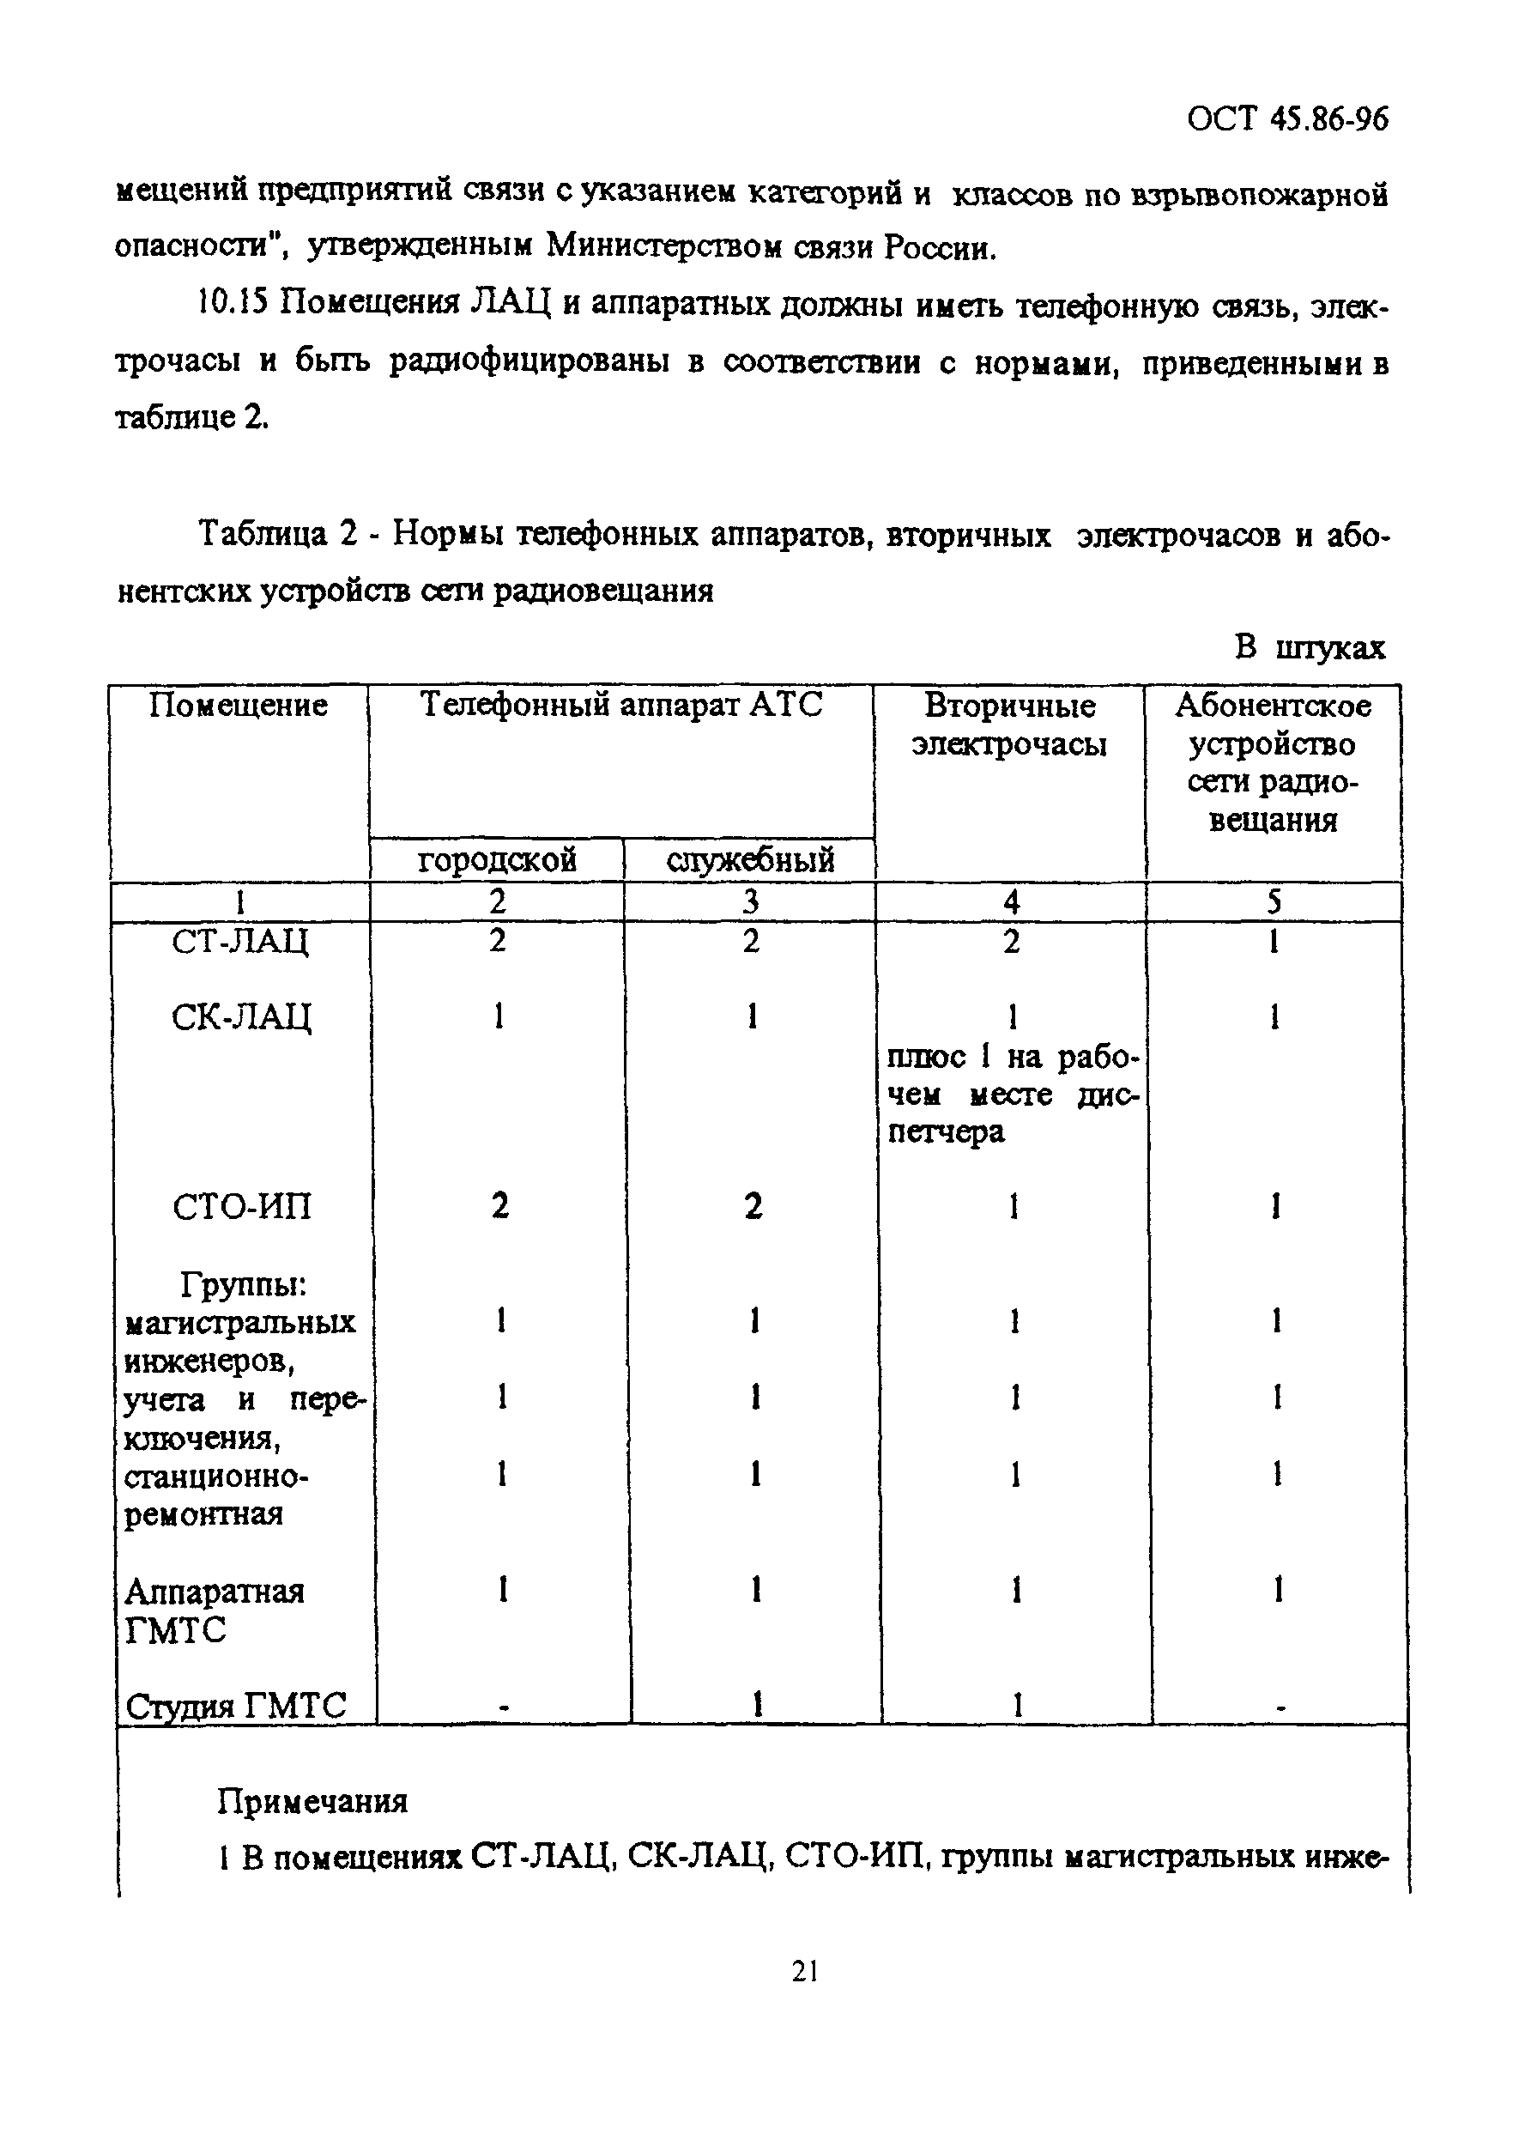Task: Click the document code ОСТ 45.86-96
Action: click(1288, 120)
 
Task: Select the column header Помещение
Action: click(239, 706)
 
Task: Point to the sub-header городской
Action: click(497, 859)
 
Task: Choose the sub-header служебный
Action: click(751, 859)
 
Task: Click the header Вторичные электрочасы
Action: click(1010, 725)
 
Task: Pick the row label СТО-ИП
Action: click(242, 1207)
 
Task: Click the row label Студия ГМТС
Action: click(237, 1706)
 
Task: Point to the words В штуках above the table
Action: click(1310, 648)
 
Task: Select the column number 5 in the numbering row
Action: click(1275, 902)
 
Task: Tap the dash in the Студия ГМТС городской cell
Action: click(505, 1708)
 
